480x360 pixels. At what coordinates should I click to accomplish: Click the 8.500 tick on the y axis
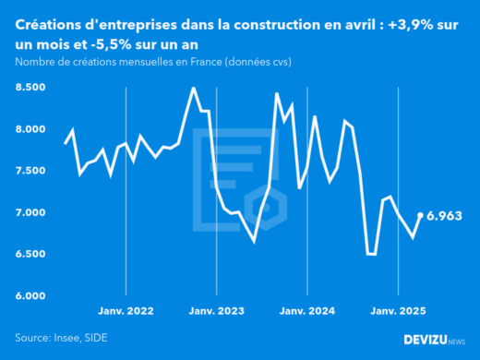point(30,87)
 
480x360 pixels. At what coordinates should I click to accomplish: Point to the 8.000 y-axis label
point(30,129)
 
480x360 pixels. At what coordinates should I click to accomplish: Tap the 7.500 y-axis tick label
point(30,171)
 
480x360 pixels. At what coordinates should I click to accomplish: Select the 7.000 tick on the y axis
point(30,212)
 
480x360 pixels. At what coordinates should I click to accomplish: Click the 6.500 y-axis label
point(30,254)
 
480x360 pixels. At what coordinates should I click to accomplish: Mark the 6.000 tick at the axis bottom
point(30,295)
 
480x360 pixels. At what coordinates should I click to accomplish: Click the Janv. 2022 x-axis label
point(126,311)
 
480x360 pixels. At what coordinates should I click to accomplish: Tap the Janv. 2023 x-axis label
point(217,311)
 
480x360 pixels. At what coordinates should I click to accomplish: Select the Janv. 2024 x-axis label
point(307,311)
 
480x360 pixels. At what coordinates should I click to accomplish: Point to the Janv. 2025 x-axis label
point(398,311)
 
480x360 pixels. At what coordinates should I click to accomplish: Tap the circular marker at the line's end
point(421,215)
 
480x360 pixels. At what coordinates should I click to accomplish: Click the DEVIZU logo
point(434,340)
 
